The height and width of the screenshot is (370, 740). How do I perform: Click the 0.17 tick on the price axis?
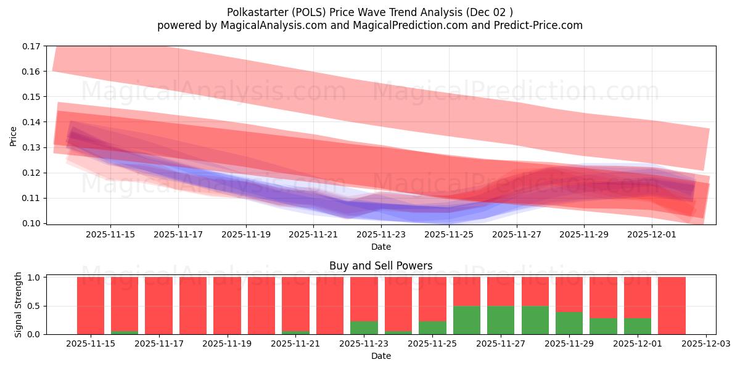[x=31, y=46]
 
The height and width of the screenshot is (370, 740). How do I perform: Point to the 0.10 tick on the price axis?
[x=31, y=223]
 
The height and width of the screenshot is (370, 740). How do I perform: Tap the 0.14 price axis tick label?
[x=31, y=122]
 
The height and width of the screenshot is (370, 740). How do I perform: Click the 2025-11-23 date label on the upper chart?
[x=381, y=234]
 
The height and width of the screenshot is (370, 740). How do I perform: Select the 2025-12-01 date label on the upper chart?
[x=652, y=234]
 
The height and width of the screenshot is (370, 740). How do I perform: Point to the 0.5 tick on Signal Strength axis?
[x=35, y=306]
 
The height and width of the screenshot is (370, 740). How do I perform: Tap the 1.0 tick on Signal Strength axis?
[x=35, y=277]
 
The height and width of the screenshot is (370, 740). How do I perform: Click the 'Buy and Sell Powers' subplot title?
[x=380, y=266]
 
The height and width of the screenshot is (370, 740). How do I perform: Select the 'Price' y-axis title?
[x=14, y=135]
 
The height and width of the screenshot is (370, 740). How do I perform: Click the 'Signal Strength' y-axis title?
[x=18, y=305]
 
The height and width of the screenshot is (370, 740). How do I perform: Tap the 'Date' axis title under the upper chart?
[x=380, y=247]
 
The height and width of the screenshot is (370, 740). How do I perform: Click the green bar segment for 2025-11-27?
[x=501, y=320]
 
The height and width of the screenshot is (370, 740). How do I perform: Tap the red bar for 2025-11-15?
[x=91, y=305]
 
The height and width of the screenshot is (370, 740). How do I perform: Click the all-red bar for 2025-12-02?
[x=672, y=305]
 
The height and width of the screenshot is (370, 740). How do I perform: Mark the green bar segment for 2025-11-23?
[x=364, y=327]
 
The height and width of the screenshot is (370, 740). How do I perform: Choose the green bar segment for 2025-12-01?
[x=638, y=326]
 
